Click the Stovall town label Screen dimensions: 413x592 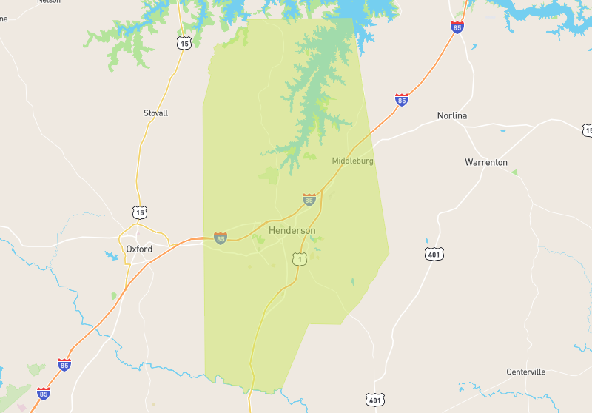[x=155, y=113]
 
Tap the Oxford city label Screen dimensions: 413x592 [x=139, y=249]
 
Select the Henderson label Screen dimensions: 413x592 [x=292, y=231]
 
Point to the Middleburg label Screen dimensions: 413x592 [x=352, y=161]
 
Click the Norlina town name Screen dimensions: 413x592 [x=451, y=116]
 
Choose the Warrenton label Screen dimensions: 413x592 [x=485, y=162]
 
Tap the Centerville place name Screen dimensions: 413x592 [x=525, y=372]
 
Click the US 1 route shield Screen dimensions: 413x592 [x=299, y=259]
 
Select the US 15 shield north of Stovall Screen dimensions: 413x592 [x=183, y=44]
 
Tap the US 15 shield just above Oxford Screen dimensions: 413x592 [x=140, y=212]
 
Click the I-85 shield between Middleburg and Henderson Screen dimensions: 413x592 [x=309, y=199]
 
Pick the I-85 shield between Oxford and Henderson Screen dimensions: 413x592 [x=220, y=238]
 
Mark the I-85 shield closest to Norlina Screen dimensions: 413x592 [x=401, y=99]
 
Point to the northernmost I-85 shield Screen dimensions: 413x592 [x=457, y=27]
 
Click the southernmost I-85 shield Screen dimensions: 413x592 [x=44, y=393]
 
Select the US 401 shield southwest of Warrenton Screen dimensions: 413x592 [x=434, y=255]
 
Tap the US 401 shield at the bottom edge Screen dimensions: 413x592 [x=375, y=400]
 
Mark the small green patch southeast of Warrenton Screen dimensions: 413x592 [x=514, y=172]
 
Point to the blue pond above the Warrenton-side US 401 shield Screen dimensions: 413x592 [x=426, y=241]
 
